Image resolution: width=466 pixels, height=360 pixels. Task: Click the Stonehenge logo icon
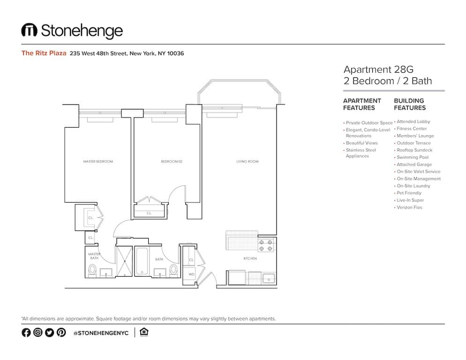pyautogui.click(x=29, y=30)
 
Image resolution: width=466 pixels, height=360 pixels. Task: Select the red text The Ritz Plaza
pyautogui.click(x=44, y=53)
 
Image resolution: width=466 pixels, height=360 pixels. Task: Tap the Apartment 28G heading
pyautogui.click(x=378, y=70)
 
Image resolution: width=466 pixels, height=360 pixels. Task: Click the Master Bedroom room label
pyautogui.click(x=98, y=162)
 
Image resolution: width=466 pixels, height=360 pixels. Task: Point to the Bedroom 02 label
pyautogui.click(x=171, y=162)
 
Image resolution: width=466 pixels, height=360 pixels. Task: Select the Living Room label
pyautogui.click(x=247, y=162)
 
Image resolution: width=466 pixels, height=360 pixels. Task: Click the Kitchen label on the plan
pyautogui.click(x=250, y=259)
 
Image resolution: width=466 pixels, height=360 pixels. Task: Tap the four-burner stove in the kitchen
pyautogui.click(x=266, y=245)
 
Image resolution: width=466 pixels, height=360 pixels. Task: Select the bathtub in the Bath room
pyautogui.click(x=142, y=262)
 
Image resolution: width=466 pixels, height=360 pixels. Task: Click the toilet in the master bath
pyautogui.click(x=92, y=270)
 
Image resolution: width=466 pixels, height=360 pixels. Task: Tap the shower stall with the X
pyautogui.click(x=124, y=262)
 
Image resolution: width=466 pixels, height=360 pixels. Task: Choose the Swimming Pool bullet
pyautogui.click(x=413, y=157)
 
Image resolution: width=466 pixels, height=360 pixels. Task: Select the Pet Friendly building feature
pyautogui.click(x=409, y=193)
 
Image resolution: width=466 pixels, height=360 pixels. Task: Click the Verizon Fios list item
pyautogui.click(x=409, y=207)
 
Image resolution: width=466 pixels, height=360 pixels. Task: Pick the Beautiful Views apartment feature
pyautogui.click(x=361, y=143)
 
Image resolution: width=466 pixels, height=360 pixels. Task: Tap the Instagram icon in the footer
pyautogui.click(x=38, y=332)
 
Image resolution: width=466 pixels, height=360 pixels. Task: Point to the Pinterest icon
pyautogui.click(x=61, y=332)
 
